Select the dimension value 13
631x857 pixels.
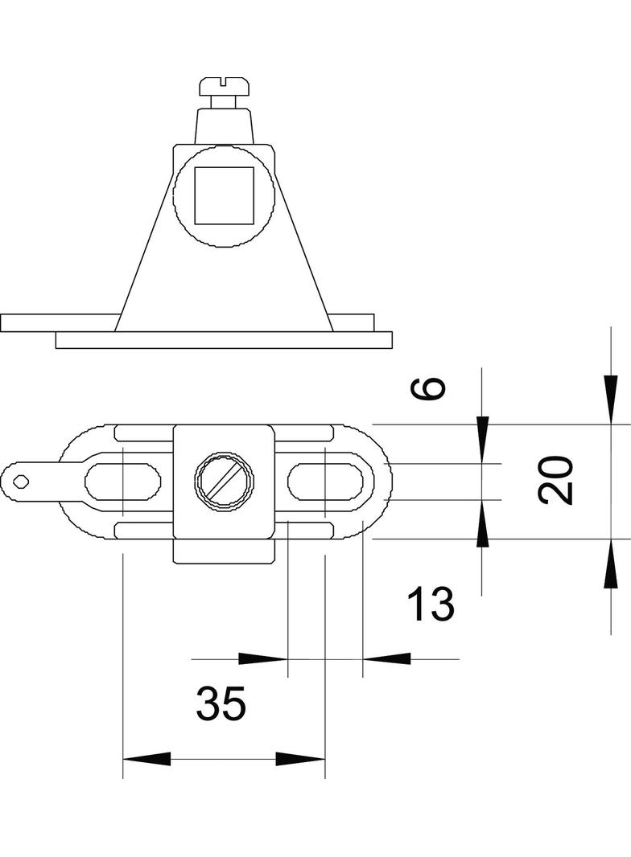point(431,604)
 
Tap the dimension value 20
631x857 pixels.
point(555,480)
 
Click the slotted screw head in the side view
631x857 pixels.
point(225,85)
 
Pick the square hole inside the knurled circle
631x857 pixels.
point(225,195)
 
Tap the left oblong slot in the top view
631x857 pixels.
point(122,482)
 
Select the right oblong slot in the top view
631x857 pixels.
point(325,482)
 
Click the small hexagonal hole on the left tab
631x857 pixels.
point(21,482)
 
